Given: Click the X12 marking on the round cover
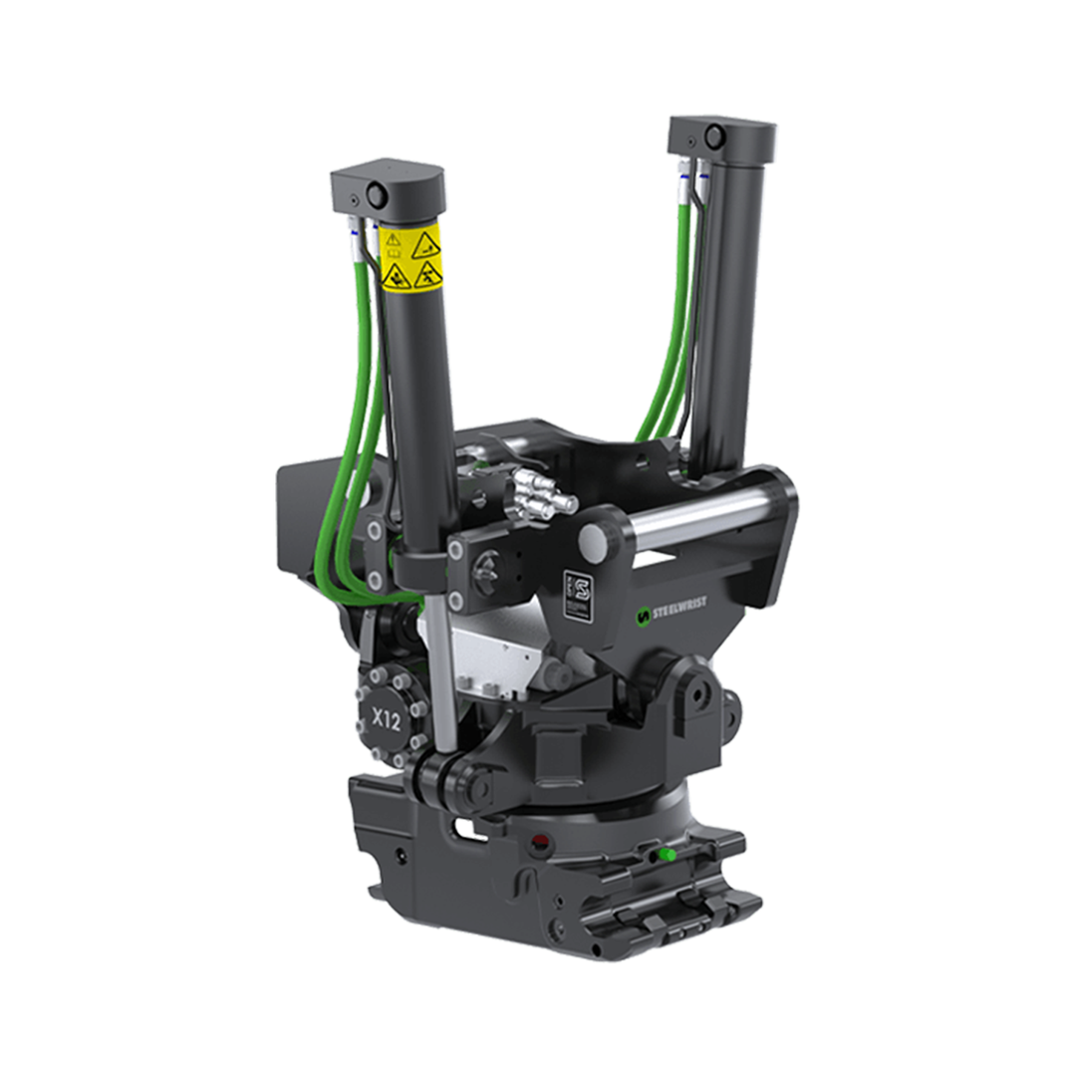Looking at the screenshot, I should point(386,716).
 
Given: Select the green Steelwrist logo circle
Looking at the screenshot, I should point(644,616).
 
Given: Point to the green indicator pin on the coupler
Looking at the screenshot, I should point(670,854).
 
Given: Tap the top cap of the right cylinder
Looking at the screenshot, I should point(721,134).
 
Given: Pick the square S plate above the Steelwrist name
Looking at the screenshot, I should point(578,595).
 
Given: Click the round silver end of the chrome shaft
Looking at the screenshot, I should point(595,542).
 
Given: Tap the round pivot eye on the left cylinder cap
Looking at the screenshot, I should point(376,195).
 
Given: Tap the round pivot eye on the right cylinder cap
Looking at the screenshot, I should point(714,134).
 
